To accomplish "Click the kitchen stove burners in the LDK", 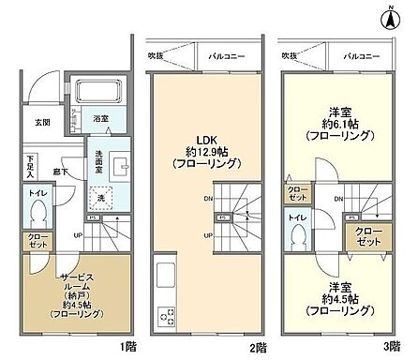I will pyautogui.click(x=168, y=314).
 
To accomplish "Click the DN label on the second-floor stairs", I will pyautogui.click(x=206, y=199).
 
